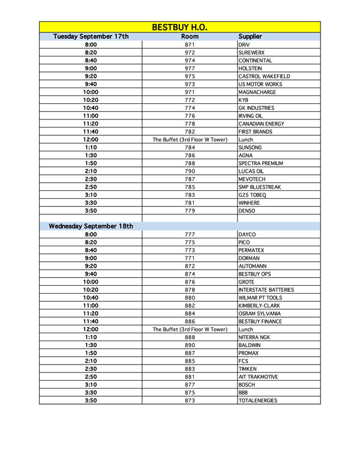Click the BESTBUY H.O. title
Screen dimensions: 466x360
point(179,27)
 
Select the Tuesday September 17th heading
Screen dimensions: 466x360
point(91,37)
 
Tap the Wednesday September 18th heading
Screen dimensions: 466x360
point(91,226)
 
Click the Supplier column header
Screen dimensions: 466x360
point(250,37)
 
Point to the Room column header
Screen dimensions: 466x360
point(190,37)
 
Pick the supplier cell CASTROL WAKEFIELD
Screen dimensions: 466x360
point(264,76)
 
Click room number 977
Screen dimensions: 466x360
point(190,68)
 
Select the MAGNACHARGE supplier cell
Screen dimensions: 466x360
point(256,92)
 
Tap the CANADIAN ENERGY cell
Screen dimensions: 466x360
point(261,124)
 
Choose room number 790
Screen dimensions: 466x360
point(190,171)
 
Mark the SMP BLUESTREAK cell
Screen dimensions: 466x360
point(259,187)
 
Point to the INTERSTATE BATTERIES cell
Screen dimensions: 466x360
point(266,289)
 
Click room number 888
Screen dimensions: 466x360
point(190,337)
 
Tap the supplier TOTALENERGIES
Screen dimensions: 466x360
point(257,401)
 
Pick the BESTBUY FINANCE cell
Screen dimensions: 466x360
point(260,321)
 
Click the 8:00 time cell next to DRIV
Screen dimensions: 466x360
point(91,45)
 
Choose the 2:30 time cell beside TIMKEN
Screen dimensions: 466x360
point(91,369)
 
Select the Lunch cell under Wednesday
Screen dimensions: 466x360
point(246,329)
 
